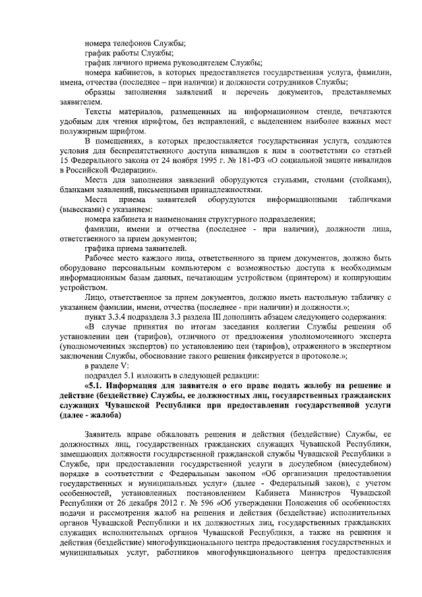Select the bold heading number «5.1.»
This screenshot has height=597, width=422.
(x=93, y=384)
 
